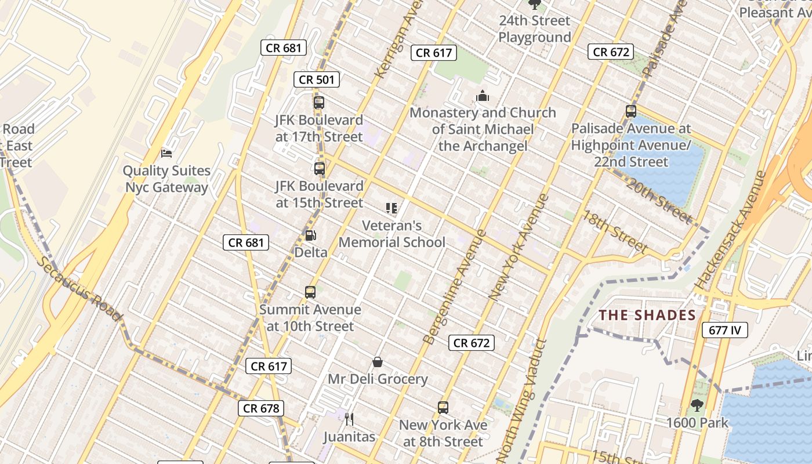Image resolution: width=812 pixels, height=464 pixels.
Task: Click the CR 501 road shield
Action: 316,79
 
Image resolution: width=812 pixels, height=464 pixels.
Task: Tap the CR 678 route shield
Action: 261,408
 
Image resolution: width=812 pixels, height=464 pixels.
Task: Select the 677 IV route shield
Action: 725,331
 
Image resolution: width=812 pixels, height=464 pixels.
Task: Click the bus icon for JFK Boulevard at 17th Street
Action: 318,103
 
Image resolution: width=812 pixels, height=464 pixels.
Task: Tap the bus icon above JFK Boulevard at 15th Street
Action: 319,169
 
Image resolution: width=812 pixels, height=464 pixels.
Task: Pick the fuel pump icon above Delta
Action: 311,235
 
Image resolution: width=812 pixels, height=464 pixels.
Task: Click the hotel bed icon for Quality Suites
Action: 166,154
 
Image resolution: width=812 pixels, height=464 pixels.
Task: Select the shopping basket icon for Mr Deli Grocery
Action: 378,362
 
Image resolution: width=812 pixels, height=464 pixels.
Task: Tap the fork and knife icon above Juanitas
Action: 349,419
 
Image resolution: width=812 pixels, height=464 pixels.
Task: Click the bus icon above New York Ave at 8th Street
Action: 443,407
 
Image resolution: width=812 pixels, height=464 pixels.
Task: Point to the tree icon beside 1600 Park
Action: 697,405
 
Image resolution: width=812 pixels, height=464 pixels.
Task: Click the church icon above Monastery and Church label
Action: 483,96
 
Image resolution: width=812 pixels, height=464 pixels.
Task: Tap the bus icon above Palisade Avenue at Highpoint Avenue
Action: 631,111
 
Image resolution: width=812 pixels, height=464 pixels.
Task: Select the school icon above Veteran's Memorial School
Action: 391,208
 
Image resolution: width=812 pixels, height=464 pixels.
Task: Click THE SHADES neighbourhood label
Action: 647,316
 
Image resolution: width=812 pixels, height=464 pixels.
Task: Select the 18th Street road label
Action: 615,232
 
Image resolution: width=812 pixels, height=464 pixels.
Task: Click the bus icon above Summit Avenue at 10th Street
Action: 310,292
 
